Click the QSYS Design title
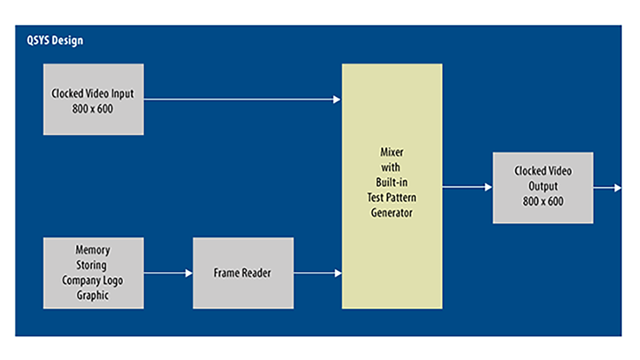55,41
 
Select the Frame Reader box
243,273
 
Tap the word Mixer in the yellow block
392,152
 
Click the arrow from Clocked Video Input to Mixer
242,99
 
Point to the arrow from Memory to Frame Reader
168,273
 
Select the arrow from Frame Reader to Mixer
317,273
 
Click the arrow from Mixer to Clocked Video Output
467,187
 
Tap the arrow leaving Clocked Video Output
607,188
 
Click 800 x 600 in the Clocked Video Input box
93,109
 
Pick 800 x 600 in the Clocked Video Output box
543,201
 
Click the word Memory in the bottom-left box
93,250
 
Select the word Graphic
93,295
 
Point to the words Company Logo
93,280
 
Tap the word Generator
392,213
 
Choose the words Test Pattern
392,198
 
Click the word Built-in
392,183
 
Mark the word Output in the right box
543,186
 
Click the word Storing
91,265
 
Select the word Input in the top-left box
122,94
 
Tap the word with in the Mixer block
391,167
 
